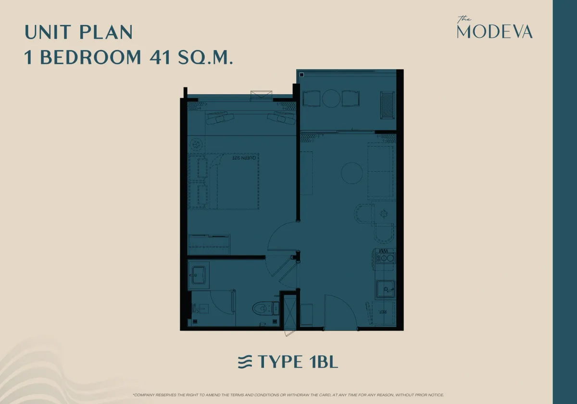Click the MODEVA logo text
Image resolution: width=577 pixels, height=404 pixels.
point(494,32)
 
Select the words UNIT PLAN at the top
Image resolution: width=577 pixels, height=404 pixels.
point(78,32)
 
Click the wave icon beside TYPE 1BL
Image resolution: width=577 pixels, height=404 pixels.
point(245,362)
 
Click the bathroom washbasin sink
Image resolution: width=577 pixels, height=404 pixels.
point(198,276)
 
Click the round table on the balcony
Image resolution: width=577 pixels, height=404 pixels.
point(331,99)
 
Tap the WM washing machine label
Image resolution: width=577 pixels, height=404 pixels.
point(384,251)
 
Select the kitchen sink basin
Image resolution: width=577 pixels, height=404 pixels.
point(385,289)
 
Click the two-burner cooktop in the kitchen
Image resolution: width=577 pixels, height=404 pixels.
point(386,259)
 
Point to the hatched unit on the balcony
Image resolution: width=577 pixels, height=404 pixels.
point(387,105)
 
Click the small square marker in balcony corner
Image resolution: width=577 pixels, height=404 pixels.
point(301,75)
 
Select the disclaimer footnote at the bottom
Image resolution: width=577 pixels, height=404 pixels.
point(288,395)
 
